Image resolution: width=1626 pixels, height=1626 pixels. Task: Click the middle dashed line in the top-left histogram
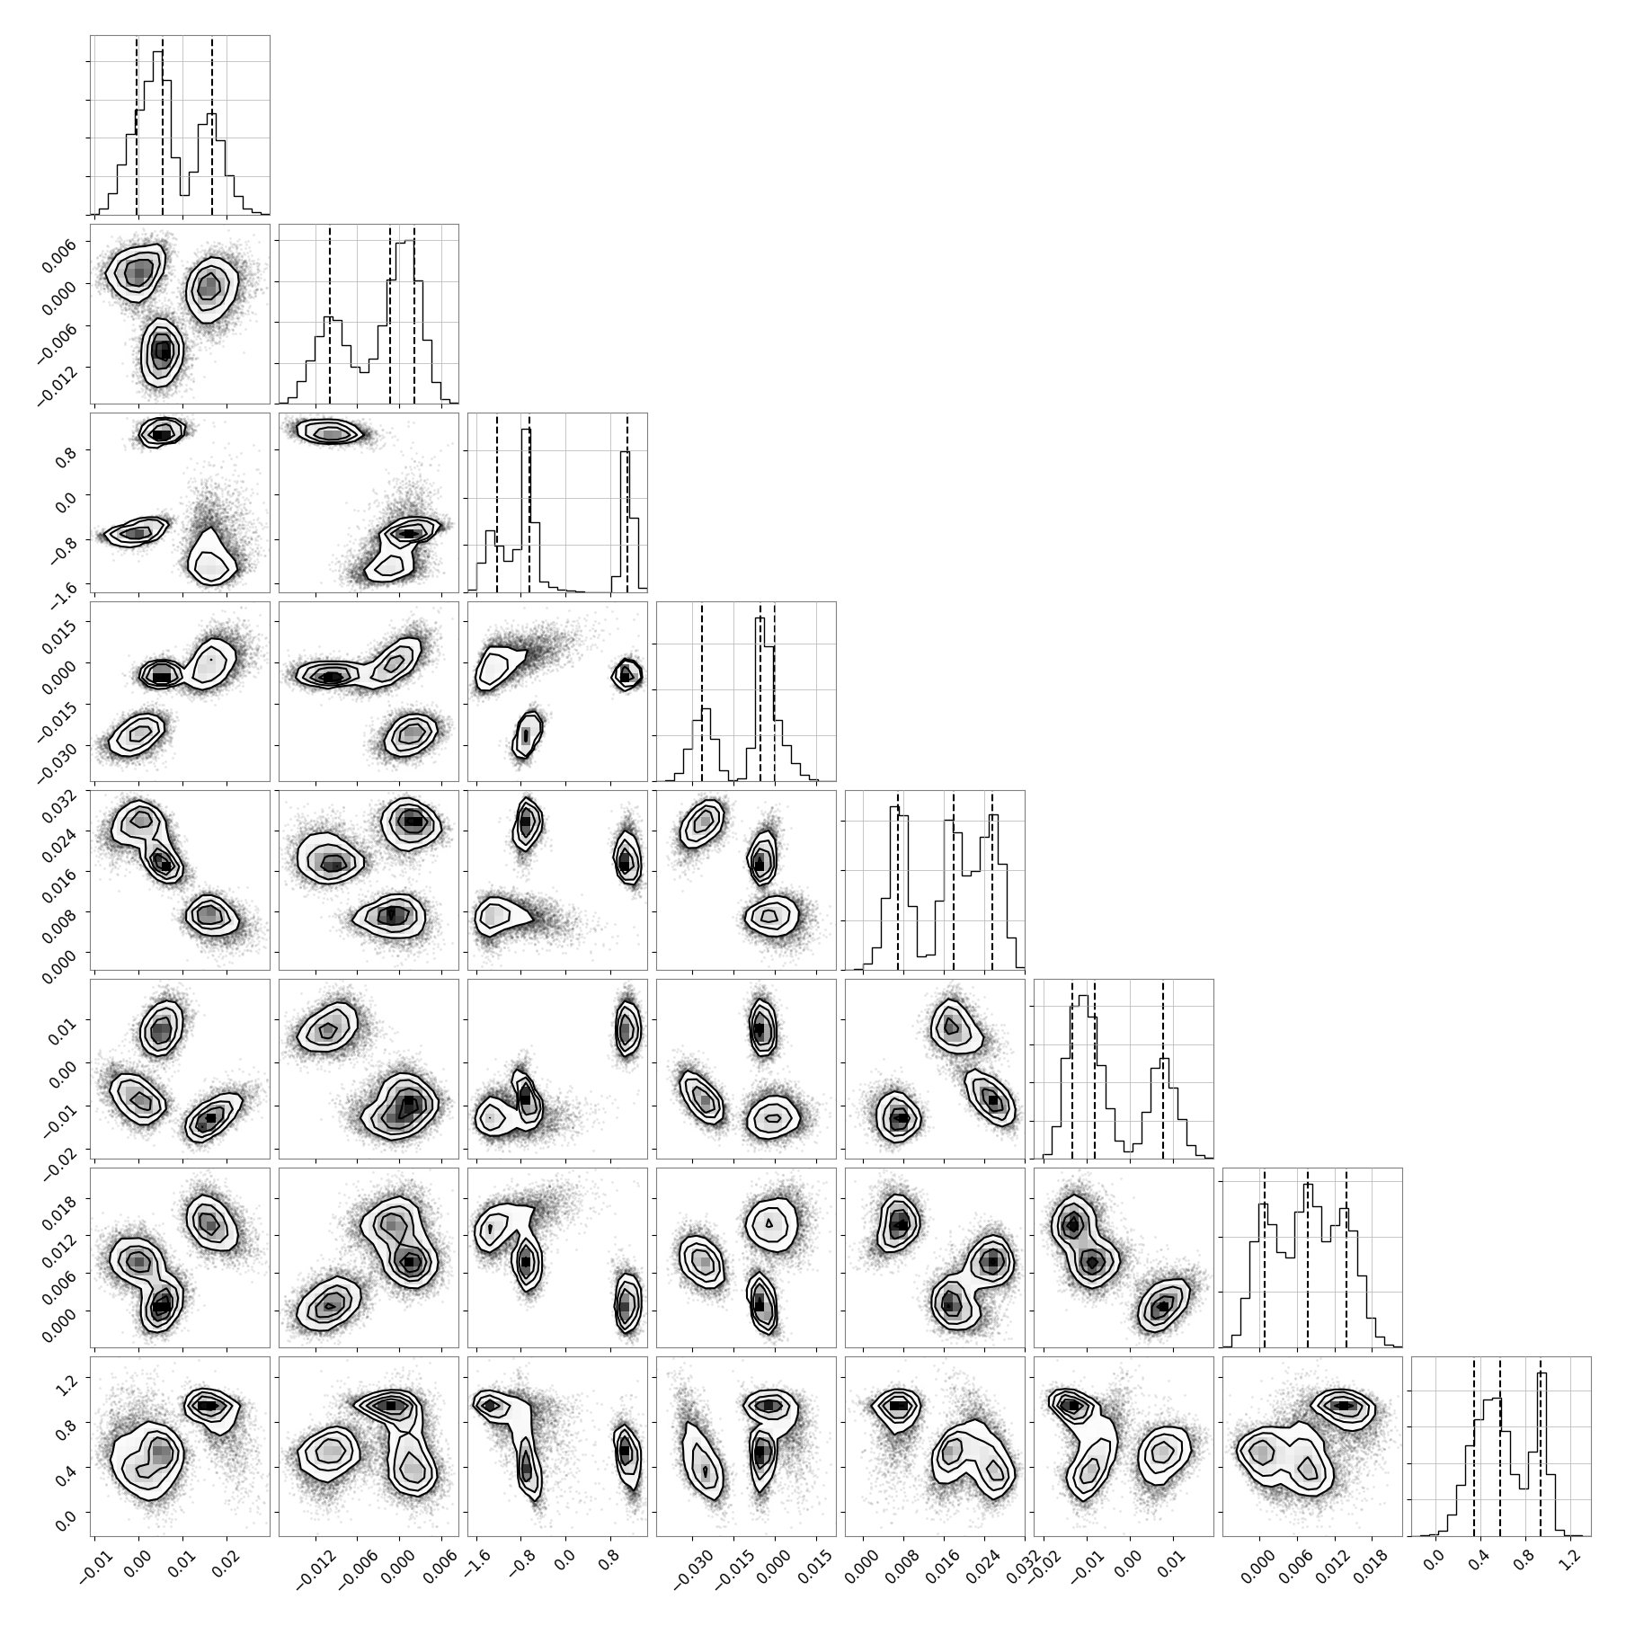tap(162, 126)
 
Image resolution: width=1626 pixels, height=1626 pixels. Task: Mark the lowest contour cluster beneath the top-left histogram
tap(162, 352)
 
